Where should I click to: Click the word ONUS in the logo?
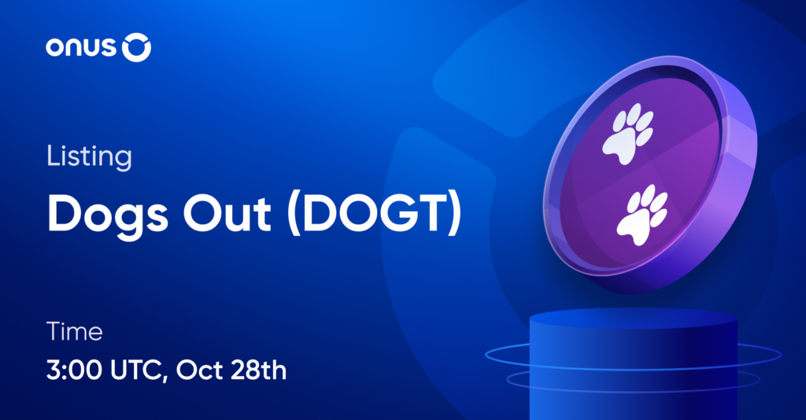82,49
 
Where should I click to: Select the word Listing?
88,157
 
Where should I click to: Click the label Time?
75,331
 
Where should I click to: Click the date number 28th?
261,370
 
